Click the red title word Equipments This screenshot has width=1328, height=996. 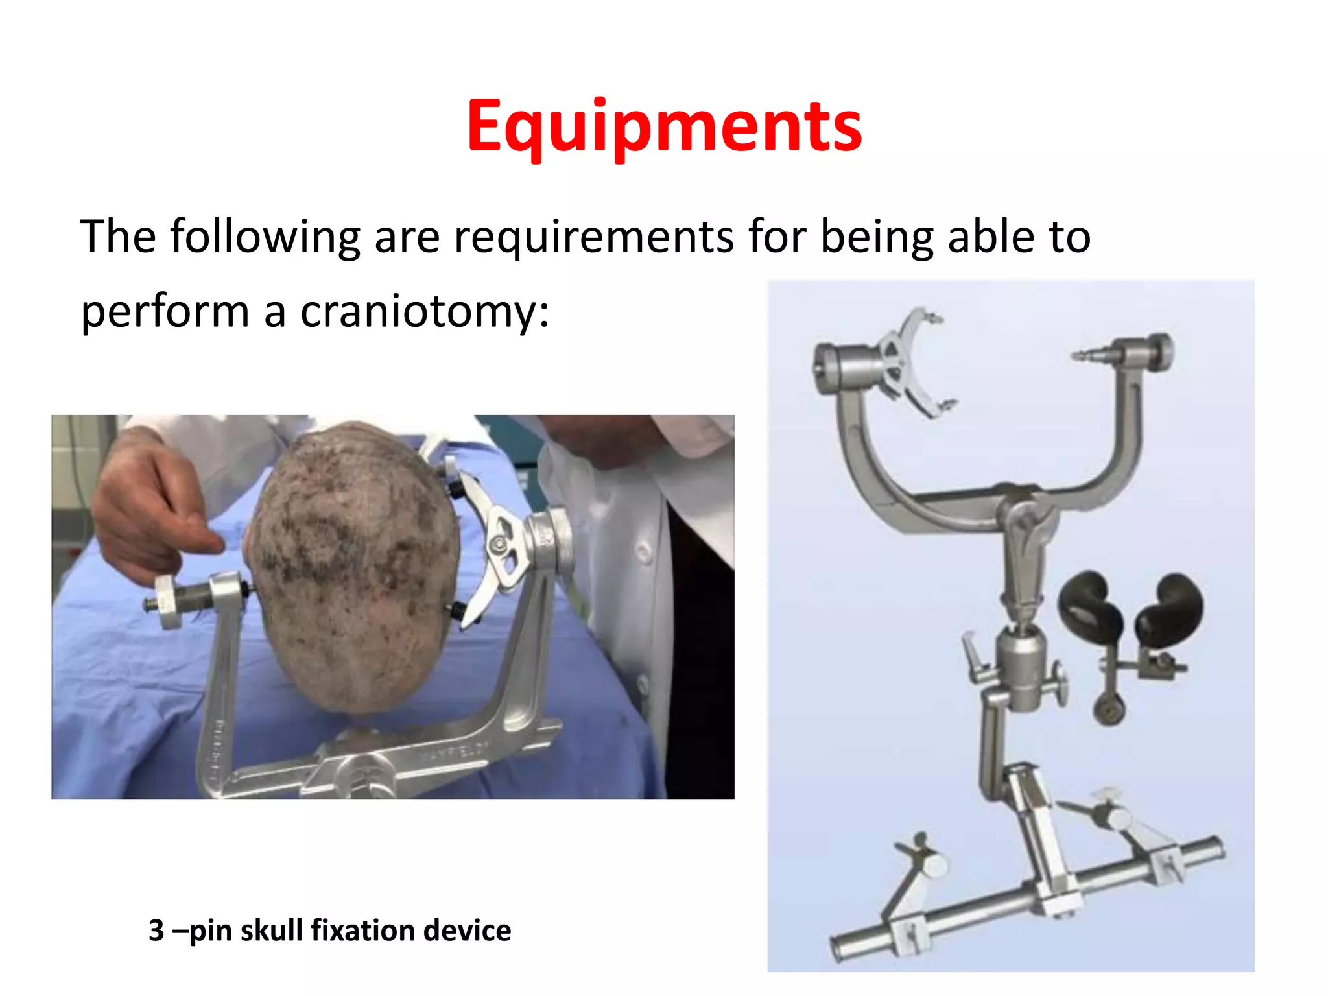664,126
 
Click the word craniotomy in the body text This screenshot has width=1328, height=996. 425,311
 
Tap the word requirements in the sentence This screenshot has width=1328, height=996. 593,236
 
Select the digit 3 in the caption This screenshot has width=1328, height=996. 156,931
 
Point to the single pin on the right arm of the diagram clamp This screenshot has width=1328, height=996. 1089,355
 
